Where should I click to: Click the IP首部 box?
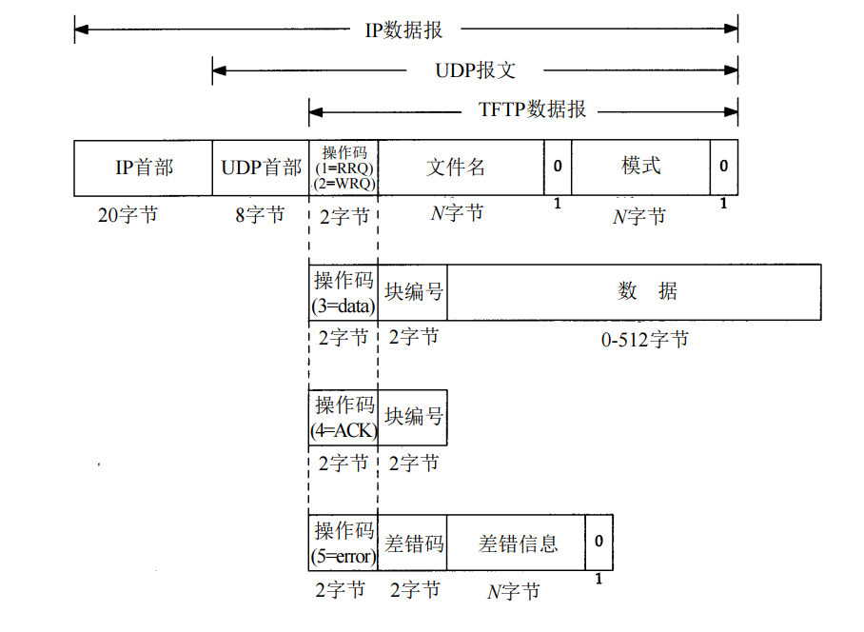tap(143, 168)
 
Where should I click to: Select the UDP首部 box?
tap(260, 168)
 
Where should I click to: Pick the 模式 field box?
tap(640, 168)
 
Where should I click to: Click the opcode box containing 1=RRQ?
tap(344, 168)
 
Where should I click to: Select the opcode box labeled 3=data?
tap(344, 292)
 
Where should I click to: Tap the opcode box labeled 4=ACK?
tap(344, 417)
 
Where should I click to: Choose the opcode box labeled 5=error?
tap(344, 543)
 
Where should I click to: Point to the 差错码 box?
tap(413, 543)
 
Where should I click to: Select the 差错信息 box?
tap(517, 543)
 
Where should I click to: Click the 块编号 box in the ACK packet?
tap(413, 417)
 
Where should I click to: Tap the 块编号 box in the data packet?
tap(413, 292)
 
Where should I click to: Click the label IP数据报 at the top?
tap(404, 30)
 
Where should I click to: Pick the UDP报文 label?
tap(475, 70)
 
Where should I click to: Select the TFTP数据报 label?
tap(532, 109)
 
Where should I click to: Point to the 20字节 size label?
tap(128, 215)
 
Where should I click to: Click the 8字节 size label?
tap(260, 215)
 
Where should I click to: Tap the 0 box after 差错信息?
tap(599, 543)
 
